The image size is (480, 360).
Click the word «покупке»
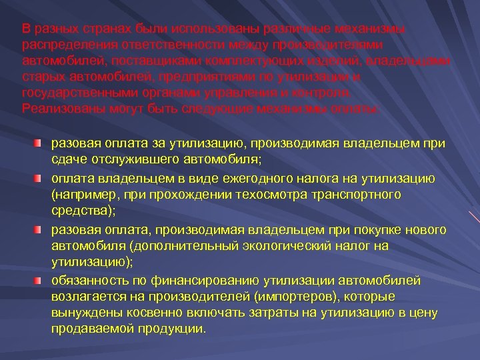click(361, 230)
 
